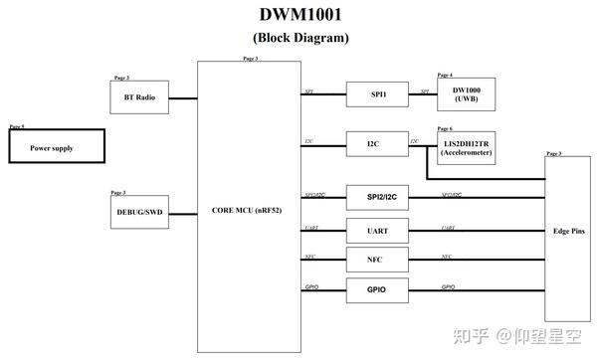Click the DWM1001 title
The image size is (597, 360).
tap(301, 15)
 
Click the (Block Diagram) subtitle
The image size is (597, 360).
tap(301, 38)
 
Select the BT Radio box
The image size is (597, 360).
tap(139, 96)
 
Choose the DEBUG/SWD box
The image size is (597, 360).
tap(139, 211)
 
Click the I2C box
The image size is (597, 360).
tap(372, 144)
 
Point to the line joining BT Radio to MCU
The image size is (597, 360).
tap(183, 97)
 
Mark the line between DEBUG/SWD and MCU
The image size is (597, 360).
tap(183, 212)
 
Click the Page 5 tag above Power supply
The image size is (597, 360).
tap(17, 127)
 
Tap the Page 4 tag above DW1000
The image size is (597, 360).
tap(445, 75)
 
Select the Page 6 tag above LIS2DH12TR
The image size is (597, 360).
tap(445, 129)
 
